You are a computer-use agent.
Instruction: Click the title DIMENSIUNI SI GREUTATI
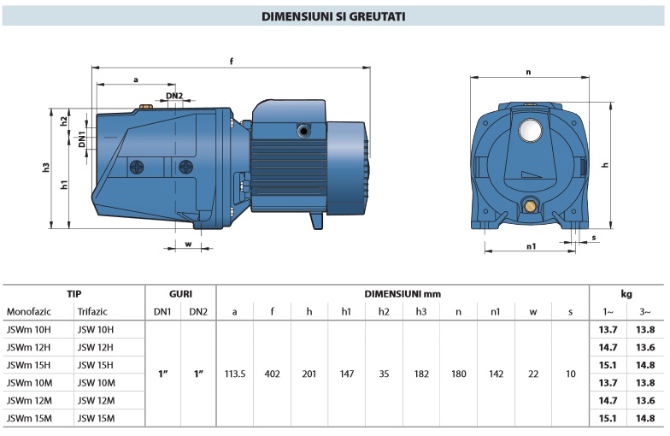coord(333,16)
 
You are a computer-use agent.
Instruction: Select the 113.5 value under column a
coord(235,374)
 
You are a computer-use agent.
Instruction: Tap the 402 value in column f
coord(272,374)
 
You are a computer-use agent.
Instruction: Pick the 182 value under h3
coord(421,374)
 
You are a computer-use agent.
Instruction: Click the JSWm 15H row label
coord(28,365)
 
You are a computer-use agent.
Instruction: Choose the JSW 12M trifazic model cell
coord(96,400)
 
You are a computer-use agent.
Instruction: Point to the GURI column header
coord(181,294)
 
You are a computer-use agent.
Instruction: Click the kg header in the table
coord(626,294)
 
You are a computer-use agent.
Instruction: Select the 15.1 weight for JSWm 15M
coord(608,419)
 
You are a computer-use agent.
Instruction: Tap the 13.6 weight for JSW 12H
coord(645,347)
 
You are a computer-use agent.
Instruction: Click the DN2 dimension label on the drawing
coord(174,96)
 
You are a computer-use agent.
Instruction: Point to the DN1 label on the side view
coord(82,139)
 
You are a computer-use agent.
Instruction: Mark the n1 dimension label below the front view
coord(532,246)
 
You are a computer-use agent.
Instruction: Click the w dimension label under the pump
coord(188,245)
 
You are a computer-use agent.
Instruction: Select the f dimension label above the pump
coord(232,62)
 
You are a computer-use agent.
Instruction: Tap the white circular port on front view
coord(530,130)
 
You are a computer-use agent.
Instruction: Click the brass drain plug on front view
coord(530,207)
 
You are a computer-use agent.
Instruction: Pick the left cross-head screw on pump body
coord(137,168)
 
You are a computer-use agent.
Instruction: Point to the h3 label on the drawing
coord(46,168)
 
